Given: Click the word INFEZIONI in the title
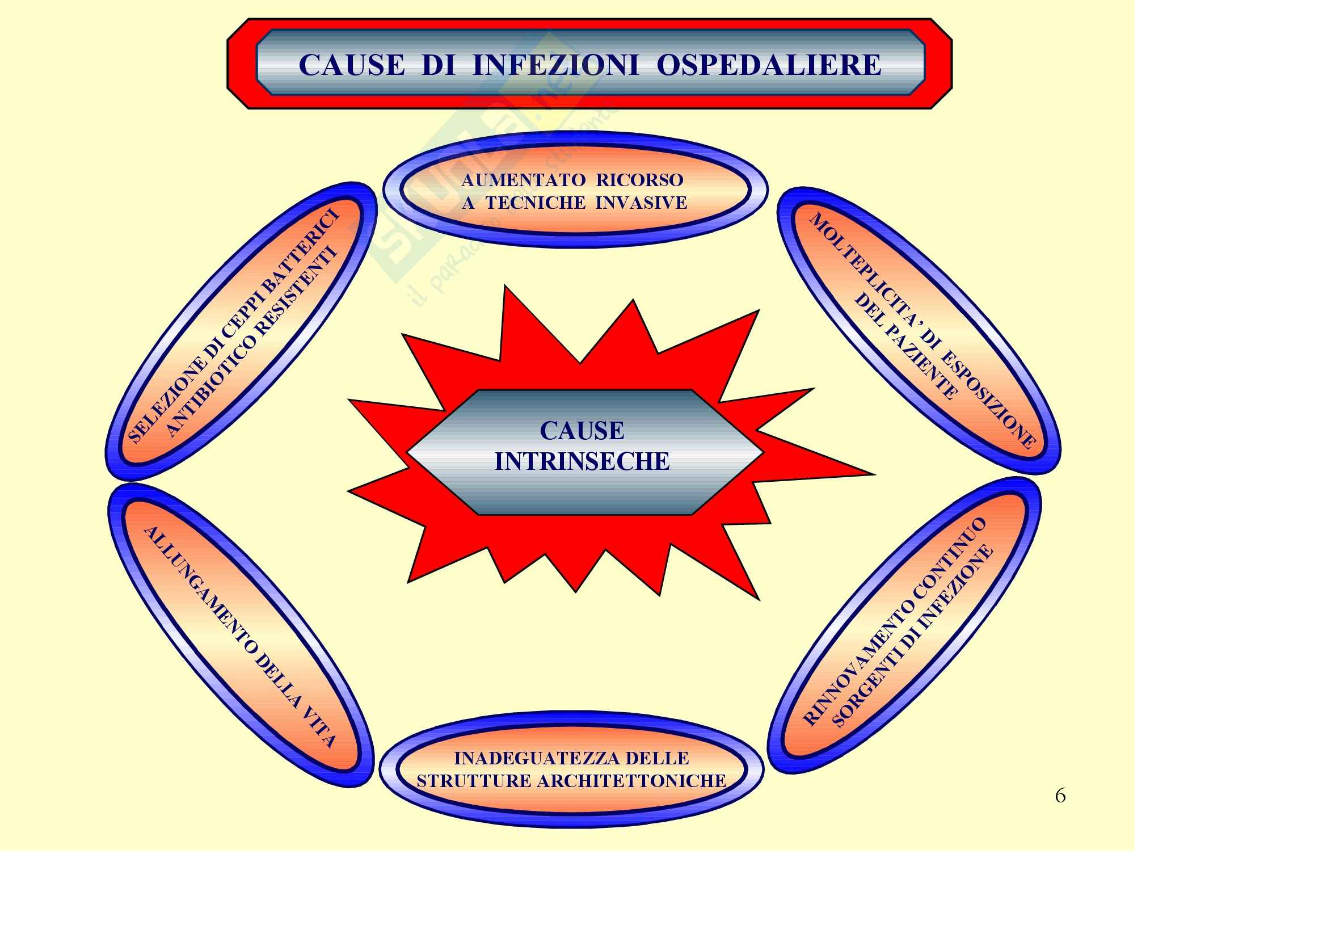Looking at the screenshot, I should [x=555, y=65].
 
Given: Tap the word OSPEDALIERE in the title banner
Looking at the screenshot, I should [x=769, y=65].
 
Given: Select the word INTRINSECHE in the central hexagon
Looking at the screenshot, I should [x=582, y=461].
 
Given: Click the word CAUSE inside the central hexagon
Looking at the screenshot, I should [x=582, y=431].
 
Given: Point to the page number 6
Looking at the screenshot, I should [x=1060, y=796].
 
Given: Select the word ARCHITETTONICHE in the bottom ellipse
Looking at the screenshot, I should [x=631, y=781].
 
